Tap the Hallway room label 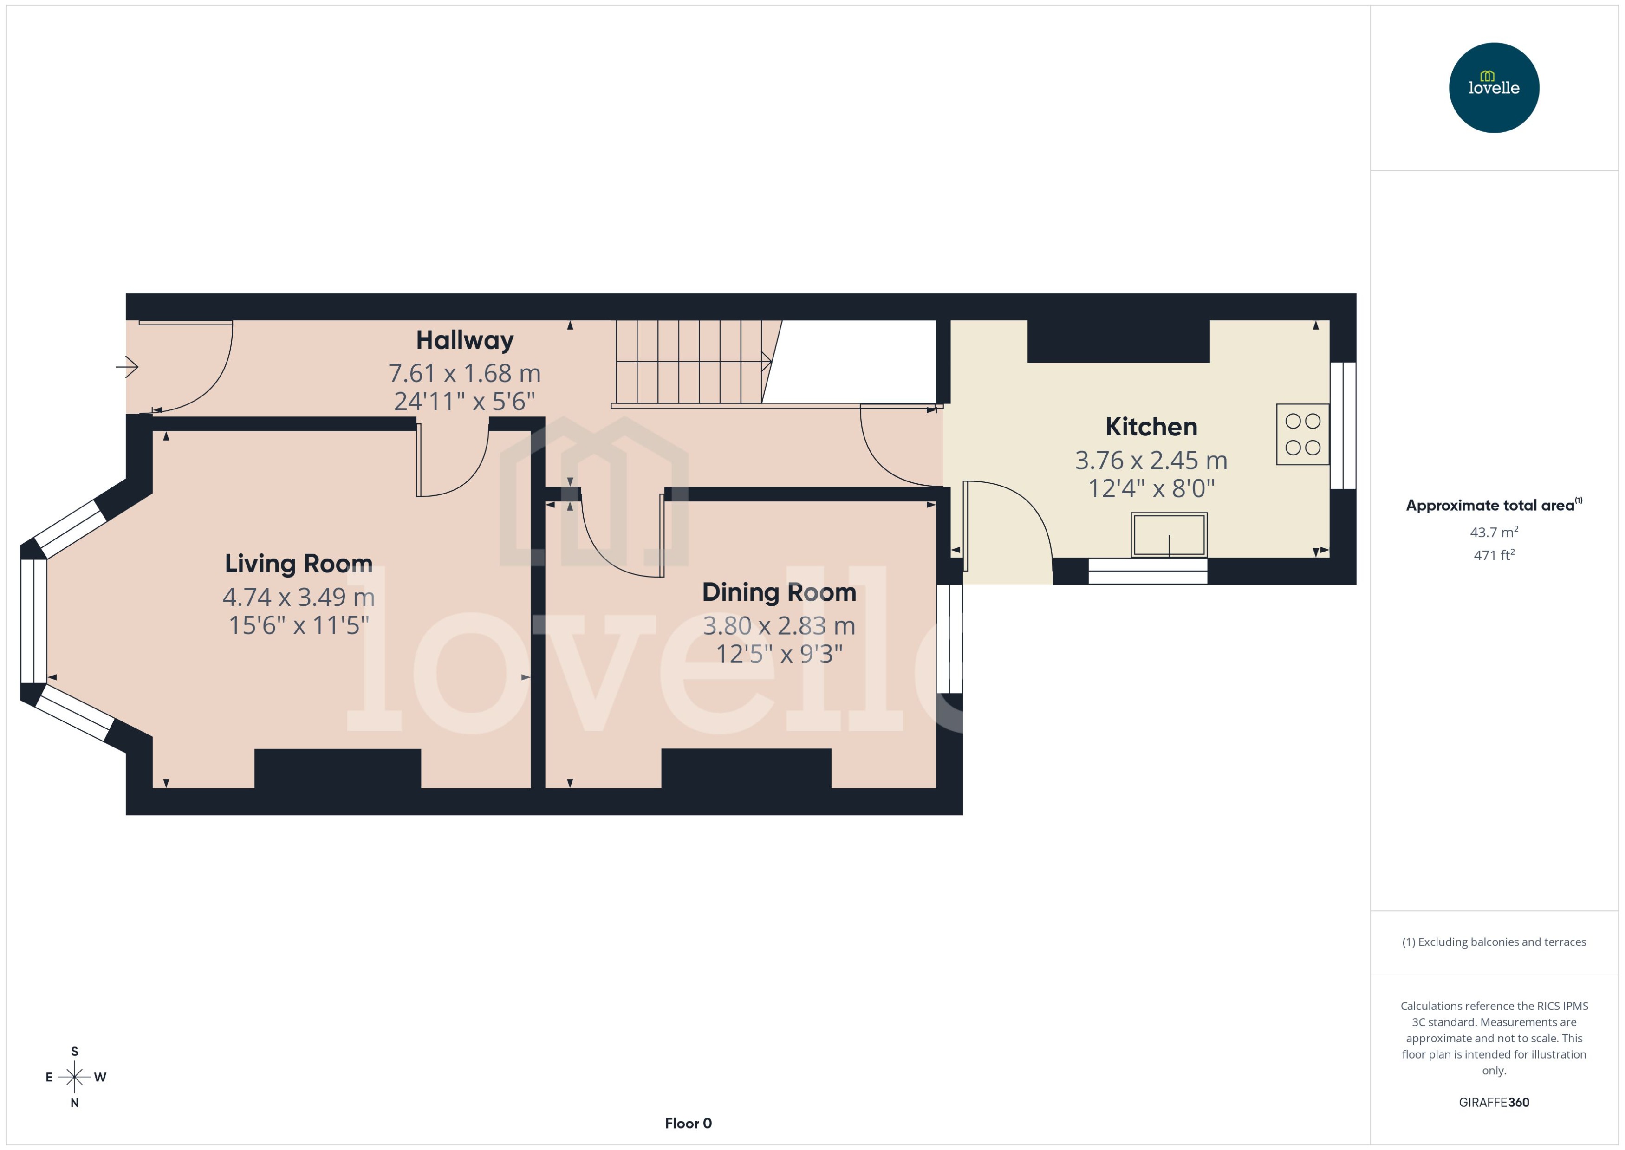464,341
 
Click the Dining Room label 779,592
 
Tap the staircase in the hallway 690,362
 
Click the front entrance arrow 128,367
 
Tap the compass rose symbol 74,1077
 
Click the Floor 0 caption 688,1123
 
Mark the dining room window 949,638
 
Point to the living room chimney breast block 337,769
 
